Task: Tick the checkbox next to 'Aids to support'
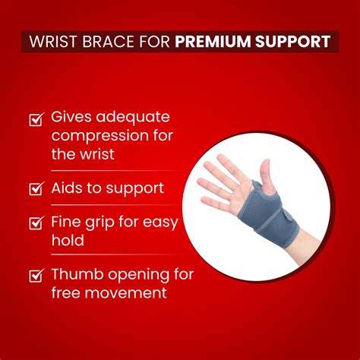(x=35, y=188)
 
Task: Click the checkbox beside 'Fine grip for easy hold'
(x=35, y=224)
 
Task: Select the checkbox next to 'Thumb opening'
(x=35, y=276)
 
